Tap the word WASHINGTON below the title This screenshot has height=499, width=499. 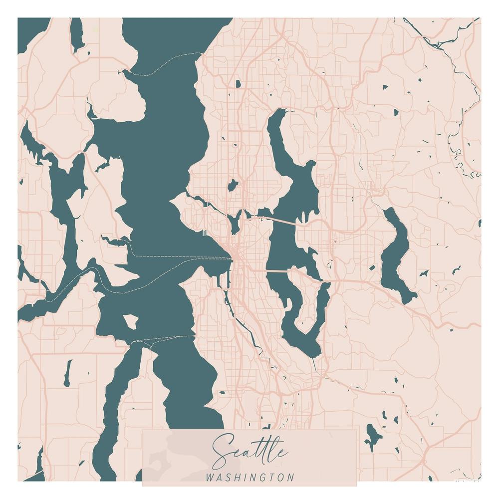(x=250, y=478)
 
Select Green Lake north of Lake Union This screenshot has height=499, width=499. (x=232, y=186)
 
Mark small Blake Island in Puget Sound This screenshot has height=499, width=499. (x=131, y=322)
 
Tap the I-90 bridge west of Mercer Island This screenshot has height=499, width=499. (x=277, y=271)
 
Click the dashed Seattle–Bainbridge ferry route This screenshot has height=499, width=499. (x=180, y=257)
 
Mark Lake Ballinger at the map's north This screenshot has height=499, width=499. (x=238, y=84)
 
